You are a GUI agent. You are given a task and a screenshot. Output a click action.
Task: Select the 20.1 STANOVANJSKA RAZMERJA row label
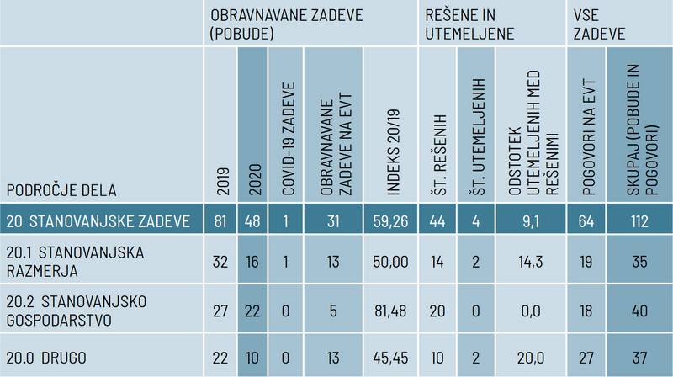coord(76,261)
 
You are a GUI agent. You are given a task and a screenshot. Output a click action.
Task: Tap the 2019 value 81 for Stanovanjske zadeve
coord(221,222)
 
